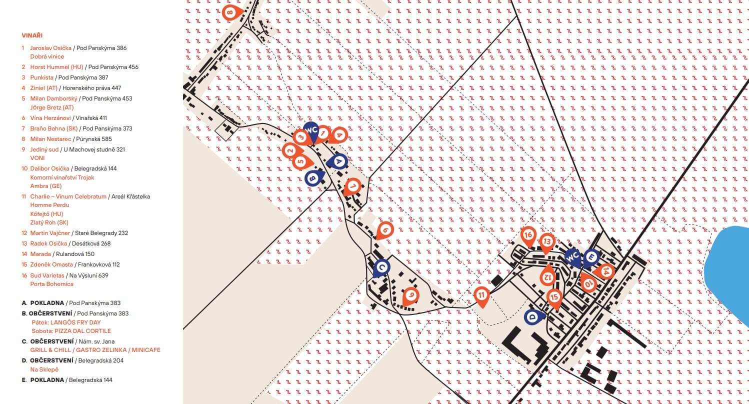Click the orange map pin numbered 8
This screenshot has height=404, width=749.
pos(231,12)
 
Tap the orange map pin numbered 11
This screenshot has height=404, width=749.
pos(481,296)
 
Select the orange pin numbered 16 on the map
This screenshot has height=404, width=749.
pos(528,236)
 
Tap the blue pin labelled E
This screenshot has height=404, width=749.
pos(591,258)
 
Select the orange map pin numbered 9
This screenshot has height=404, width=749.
pos(410,296)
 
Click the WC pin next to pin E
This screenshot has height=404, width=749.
pos(573,257)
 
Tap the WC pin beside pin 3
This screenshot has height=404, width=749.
pos(311,131)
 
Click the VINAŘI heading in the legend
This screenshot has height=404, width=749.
pos(32,35)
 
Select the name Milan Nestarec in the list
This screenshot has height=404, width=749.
pos(50,139)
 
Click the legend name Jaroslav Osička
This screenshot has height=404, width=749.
pos(51,48)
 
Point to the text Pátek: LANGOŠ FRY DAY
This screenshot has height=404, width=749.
pos(66,322)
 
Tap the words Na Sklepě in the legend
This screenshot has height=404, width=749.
pos(44,369)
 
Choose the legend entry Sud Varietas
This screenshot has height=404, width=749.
pos(47,275)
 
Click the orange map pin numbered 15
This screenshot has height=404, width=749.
pos(554,298)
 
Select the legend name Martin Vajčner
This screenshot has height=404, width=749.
pos(50,233)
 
